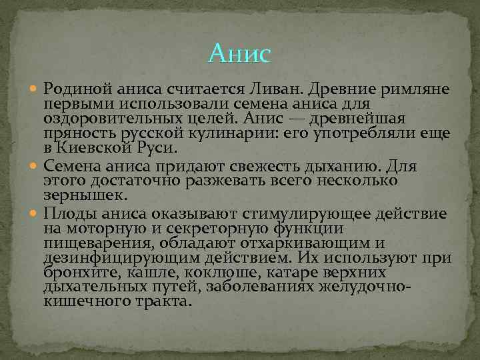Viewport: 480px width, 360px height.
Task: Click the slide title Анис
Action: tap(239, 53)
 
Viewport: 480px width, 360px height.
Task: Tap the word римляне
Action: tap(417, 89)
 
